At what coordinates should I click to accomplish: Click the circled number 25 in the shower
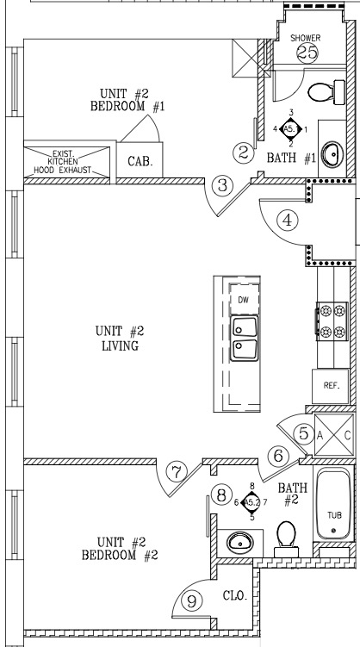click(x=307, y=53)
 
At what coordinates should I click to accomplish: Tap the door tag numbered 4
click(x=287, y=220)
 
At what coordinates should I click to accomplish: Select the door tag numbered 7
click(x=176, y=471)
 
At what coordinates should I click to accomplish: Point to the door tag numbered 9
click(x=192, y=601)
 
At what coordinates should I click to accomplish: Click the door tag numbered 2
click(x=243, y=153)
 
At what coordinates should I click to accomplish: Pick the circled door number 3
click(x=223, y=185)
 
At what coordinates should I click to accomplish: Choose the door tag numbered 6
click(x=278, y=457)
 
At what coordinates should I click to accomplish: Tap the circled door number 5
click(x=303, y=434)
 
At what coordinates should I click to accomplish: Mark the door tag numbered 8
click(x=221, y=495)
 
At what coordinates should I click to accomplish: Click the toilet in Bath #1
click(x=326, y=92)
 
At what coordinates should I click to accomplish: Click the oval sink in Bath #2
click(x=240, y=543)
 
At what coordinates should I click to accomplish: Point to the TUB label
click(x=334, y=515)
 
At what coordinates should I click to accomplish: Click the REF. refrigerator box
click(x=331, y=386)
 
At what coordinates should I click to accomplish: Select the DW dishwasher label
click(x=244, y=300)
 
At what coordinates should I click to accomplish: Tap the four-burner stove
click(x=332, y=321)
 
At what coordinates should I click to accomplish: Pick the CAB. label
click(x=140, y=161)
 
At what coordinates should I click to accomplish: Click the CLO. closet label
click(x=235, y=596)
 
